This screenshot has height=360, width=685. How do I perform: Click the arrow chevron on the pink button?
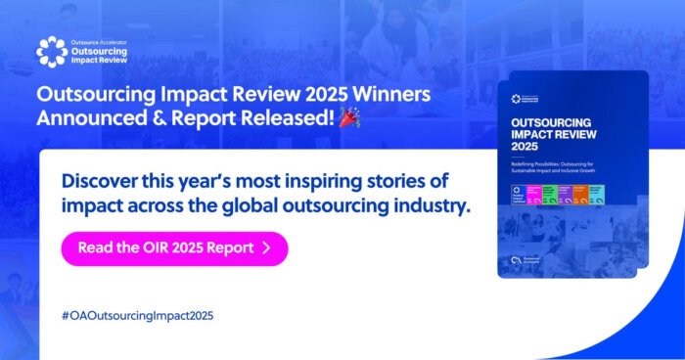pos(266,248)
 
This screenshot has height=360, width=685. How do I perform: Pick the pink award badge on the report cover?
pos(536,191)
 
